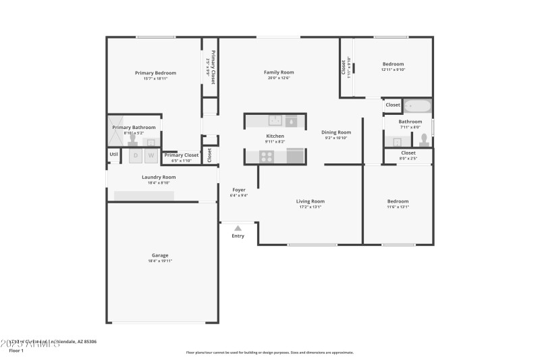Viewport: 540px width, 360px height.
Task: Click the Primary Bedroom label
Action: click(155, 73)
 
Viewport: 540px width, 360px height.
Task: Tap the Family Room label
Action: click(279, 72)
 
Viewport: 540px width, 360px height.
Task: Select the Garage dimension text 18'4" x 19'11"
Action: click(160, 261)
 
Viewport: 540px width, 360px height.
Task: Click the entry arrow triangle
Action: click(238, 228)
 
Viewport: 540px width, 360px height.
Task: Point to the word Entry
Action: click(238, 236)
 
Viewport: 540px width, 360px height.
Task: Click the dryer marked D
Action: click(135, 156)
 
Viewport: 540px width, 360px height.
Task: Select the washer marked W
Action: click(151, 156)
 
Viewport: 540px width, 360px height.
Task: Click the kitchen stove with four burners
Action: click(267, 156)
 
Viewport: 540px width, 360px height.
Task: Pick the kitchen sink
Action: click(275, 121)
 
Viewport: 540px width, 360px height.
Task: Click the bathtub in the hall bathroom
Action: click(416, 105)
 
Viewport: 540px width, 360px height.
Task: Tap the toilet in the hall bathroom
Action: click(424, 140)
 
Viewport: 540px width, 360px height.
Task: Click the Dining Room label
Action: click(335, 132)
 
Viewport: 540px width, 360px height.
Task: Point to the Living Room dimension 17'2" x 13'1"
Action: click(310, 207)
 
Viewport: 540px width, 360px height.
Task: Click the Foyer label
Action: click(240, 190)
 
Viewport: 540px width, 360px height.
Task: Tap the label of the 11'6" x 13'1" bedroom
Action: click(398, 201)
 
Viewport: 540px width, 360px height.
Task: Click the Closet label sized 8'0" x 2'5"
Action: click(408, 153)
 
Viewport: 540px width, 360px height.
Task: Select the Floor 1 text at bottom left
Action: click(16, 351)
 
